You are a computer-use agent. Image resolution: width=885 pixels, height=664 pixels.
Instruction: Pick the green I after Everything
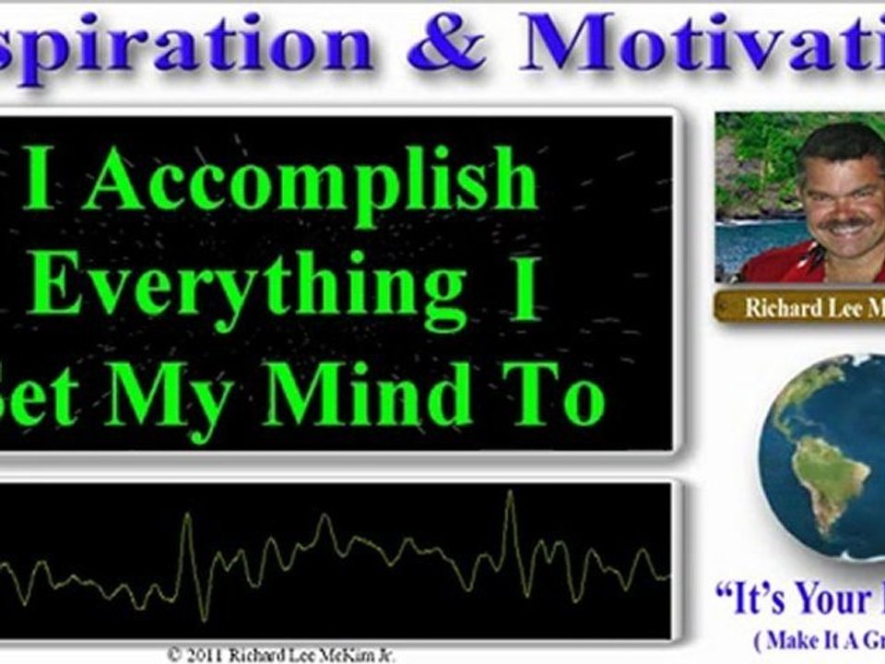coord(526,289)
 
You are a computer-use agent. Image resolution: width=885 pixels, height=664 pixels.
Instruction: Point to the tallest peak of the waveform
coord(509,495)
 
